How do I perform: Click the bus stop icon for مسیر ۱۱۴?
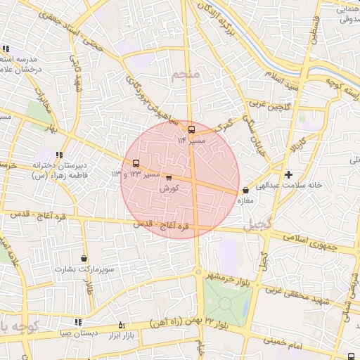191,129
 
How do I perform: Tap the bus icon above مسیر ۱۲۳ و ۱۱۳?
136,164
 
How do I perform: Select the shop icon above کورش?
169,178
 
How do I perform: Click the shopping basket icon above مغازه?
245,191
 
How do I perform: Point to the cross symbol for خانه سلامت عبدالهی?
288,174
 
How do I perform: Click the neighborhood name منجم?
186,75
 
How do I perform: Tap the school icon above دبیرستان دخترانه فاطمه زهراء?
59,155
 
